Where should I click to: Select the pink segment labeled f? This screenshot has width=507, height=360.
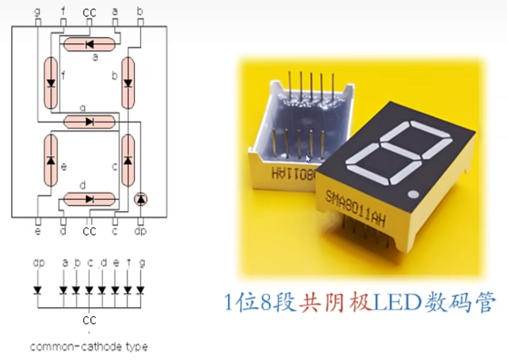tap(51, 83)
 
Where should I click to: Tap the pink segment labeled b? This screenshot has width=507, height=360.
tap(128, 83)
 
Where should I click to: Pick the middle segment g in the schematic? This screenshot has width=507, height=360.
tap(89, 121)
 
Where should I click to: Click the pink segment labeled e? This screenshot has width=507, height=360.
tap(51, 160)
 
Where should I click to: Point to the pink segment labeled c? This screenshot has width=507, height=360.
tap(128, 160)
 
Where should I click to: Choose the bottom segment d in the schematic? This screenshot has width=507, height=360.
tap(89, 199)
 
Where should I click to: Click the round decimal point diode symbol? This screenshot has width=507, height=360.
tap(141, 199)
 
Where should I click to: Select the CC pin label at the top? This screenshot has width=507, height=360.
tap(89, 12)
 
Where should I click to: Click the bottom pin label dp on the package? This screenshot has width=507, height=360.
tap(141, 231)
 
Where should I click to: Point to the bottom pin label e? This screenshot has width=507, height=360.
tap(38, 231)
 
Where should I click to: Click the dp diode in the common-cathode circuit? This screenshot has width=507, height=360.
tap(38, 290)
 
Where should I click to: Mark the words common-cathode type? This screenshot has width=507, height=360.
tap(88, 347)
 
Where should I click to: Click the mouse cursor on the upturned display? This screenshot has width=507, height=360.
tap(309, 159)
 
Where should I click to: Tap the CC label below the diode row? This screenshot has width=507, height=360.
tap(89, 320)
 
